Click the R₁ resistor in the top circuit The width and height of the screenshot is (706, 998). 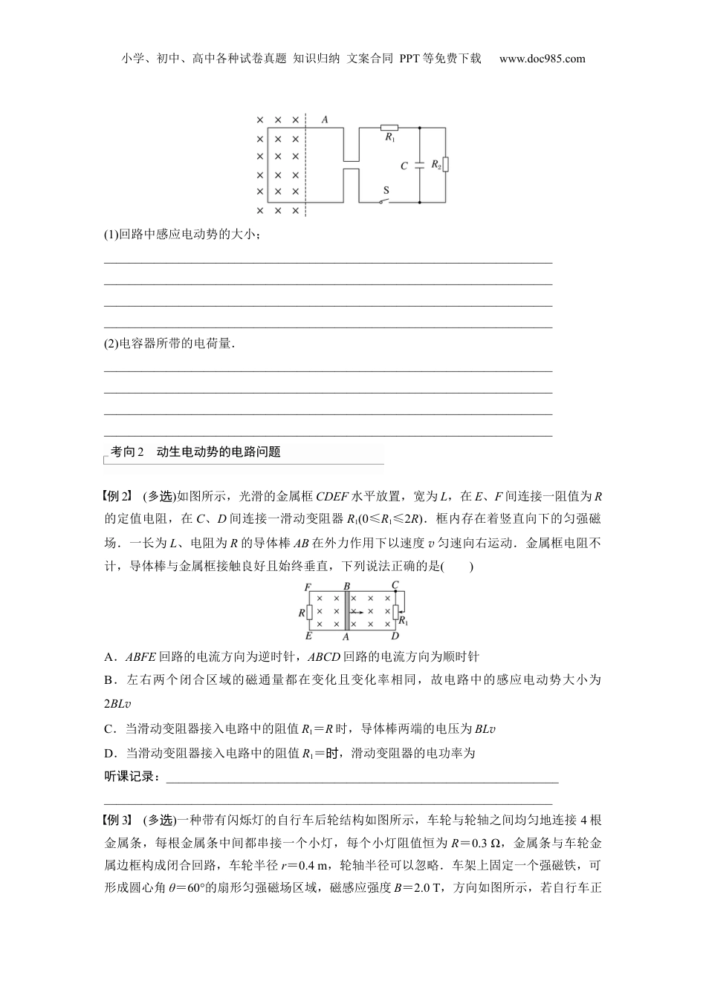click(x=389, y=128)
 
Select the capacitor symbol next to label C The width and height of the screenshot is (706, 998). click(x=419, y=164)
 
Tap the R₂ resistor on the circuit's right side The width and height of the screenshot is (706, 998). click(x=446, y=164)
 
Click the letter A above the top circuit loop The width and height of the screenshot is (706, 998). click(x=325, y=119)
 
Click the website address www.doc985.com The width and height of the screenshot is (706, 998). click(x=542, y=59)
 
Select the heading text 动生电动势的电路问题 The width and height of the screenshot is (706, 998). click(x=219, y=451)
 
